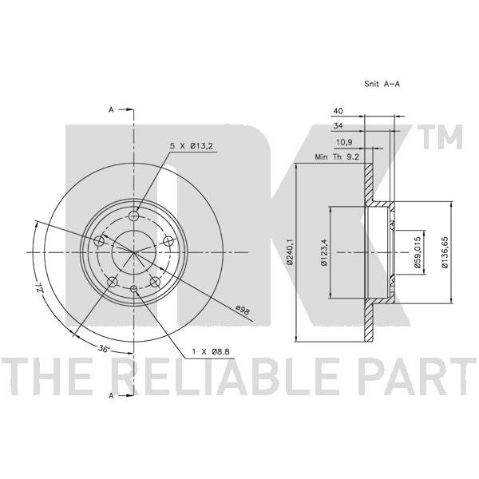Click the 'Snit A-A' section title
pyautogui.click(x=382, y=84)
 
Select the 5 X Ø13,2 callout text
pyautogui.click(x=191, y=146)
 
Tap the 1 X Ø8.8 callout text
pyautogui.click(x=211, y=352)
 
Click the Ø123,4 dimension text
pyautogui.click(x=324, y=252)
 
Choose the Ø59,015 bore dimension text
pyautogui.click(x=418, y=252)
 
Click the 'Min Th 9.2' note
pyautogui.click(x=337, y=157)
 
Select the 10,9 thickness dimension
pyautogui.click(x=344, y=142)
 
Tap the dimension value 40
pyautogui.click(x=338, y=111)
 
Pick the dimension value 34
pyautogui.click(x=338, y=125)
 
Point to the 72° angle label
pyautogui.click(x=39, y=287)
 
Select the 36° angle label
pyautogui.click(x=104, y=348)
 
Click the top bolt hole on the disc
pyautogui.click(x=133, y=216)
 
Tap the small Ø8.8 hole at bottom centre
pyautogui.click(x=133, y=288)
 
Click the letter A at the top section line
pyautogui.click(x=111, y=109)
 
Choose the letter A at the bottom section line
pyautogui.click(x=111, y=396)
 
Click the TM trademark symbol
pyautogui.click(x=442, y=137)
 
